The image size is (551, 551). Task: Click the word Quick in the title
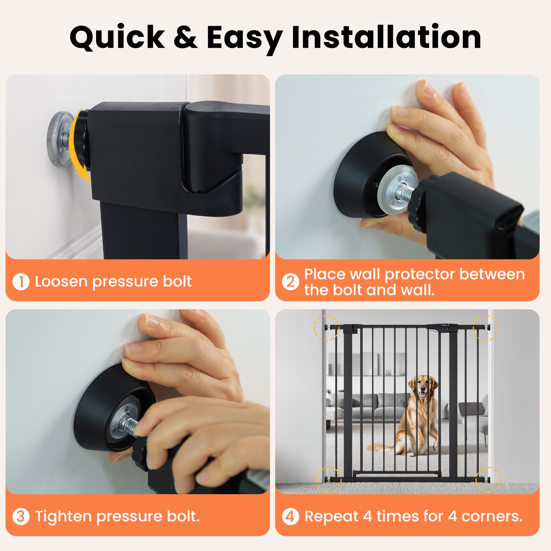click(117, 38)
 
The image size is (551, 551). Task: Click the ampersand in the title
click(185, 37)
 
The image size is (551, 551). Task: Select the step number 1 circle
click(21, 282)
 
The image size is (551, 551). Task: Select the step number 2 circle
click(290, 282)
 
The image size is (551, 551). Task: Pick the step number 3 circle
click(21, 517)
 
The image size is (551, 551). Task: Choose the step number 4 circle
click(290, 517)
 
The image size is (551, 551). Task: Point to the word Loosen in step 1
click(61, 282)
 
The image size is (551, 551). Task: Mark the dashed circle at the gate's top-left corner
click(326, 328)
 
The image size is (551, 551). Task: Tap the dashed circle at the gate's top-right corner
click(486, 328)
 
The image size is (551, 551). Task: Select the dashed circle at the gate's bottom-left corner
click(329, 480)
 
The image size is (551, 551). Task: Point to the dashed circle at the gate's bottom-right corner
click(488, 480)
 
